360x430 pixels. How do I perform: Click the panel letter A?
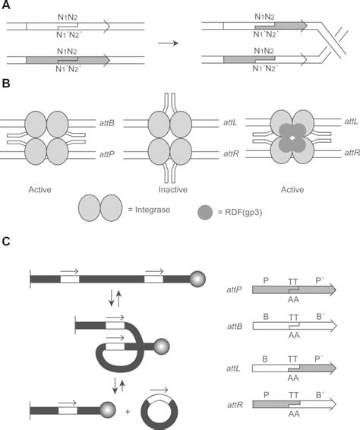[5, 6]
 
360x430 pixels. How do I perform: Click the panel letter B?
[5, 98]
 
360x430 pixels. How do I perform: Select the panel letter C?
[5, 242]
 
